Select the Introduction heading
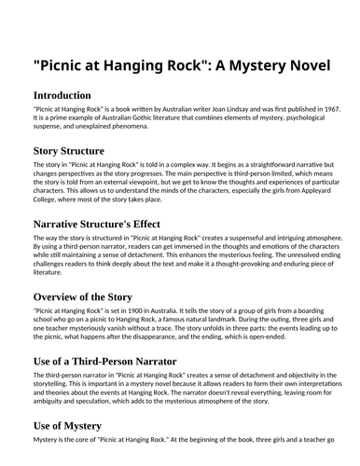[x=62, y=95]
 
